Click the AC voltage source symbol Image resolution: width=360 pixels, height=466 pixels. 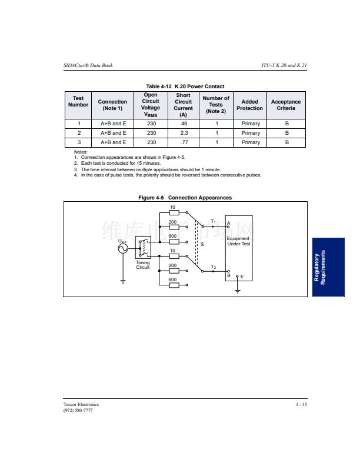(x=123, y=248)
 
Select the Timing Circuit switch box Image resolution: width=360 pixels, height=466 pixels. (x=143, y=247)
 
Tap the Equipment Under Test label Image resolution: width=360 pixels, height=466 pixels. (x=238, y=241)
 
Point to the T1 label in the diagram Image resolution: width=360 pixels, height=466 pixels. (x=214, y=222)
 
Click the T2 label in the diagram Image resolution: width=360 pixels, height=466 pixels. (x=214, y=267)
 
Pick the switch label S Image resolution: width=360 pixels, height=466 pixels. (x=202, y=244)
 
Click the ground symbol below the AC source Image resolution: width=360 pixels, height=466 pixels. (x=123, y=282)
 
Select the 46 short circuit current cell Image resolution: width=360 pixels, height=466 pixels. (x=184, y=124)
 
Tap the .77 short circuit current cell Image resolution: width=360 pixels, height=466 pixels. (x=184, y=142)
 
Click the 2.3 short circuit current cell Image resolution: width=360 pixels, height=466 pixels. (x=184, y=133)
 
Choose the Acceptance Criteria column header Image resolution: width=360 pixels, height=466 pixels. (x=286, y=105)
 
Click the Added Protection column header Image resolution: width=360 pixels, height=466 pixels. (x=249, y=105)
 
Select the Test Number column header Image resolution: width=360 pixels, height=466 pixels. (x=78, y=101)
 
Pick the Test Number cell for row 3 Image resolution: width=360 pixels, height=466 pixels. (x=78, y=142)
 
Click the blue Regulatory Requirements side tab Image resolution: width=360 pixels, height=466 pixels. (x=328, y=267)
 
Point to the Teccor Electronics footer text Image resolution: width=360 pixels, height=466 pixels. (x=81, y=404)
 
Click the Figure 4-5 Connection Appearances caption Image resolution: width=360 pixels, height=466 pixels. (x=185, y=198)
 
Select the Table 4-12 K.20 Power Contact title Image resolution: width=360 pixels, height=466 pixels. (x=185, y=86)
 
